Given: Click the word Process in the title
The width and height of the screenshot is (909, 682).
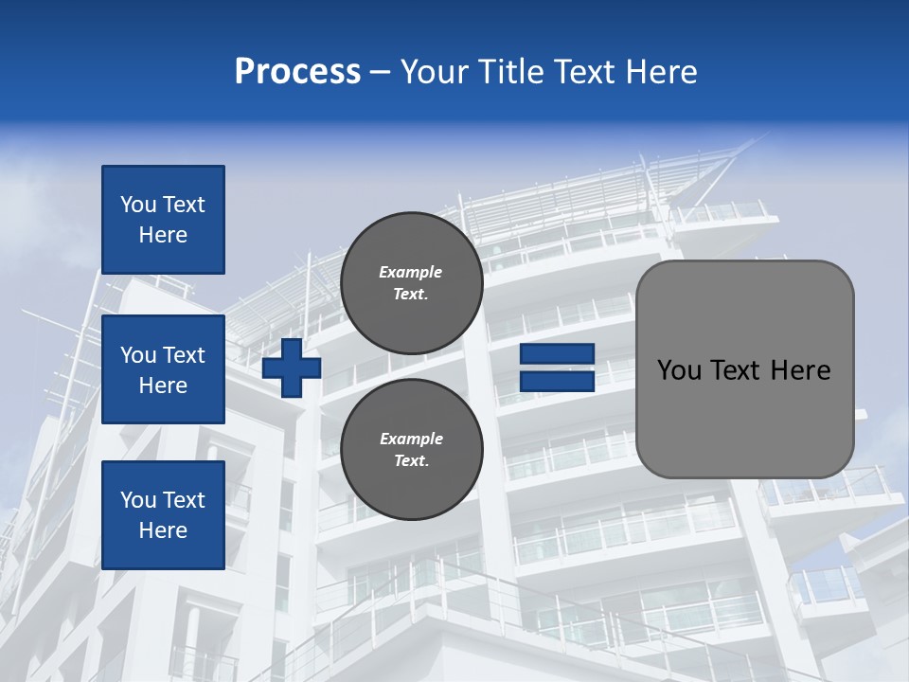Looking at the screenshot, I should coord(297,72).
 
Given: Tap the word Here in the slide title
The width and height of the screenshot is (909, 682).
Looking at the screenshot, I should coord(659,72).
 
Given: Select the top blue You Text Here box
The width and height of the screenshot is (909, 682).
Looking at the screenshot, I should coord(163,220).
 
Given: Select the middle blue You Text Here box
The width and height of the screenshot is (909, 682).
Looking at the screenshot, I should coord(163,369).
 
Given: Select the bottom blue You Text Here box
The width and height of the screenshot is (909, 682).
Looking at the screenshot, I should coord(163,514).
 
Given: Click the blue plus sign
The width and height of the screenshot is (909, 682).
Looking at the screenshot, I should coord(292,368).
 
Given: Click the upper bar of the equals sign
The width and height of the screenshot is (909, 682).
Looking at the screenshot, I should coord(558,354).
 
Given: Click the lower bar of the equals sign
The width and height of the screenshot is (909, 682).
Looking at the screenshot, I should coord(558,382).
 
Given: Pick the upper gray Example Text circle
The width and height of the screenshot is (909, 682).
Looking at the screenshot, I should coord(411,282).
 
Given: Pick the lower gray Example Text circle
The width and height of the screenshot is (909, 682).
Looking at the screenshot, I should coord(411,449).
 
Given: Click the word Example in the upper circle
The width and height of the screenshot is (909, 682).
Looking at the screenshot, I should coord(411,272).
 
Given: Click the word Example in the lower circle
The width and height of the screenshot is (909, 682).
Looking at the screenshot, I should coord(411,439).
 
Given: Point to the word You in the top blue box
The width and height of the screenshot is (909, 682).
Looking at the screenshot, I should coord(138,205).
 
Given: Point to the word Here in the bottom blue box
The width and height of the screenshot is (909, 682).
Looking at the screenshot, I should coord(163,530).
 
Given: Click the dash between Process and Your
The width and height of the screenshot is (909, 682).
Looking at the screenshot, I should coord(381,72).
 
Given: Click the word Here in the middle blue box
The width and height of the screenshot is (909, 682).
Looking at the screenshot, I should coord(163,386).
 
